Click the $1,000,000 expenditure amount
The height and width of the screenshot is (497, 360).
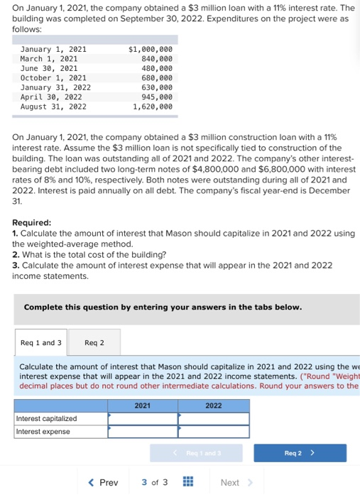click(150, 49)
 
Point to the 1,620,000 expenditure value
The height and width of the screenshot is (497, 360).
click(152, 106)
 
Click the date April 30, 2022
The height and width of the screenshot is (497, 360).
click(51, 97)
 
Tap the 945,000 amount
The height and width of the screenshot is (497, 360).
click(157, 97)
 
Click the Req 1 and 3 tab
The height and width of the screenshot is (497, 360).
click(41, 343)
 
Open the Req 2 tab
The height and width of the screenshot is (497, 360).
click(94, 343)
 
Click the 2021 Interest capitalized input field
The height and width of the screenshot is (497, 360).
click(142, 418)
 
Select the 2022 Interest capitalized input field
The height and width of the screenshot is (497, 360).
click(213, 418)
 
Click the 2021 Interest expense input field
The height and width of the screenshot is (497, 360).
click(142, 431)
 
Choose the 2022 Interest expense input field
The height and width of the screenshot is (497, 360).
click(213, 431)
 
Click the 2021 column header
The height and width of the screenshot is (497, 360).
click(142, 405)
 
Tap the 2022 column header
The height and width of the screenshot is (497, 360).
click(213, 405)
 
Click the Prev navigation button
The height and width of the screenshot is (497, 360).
click(103, 483)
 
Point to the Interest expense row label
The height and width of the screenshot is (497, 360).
click(43, 431)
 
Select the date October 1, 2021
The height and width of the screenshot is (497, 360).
click(53, 78)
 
